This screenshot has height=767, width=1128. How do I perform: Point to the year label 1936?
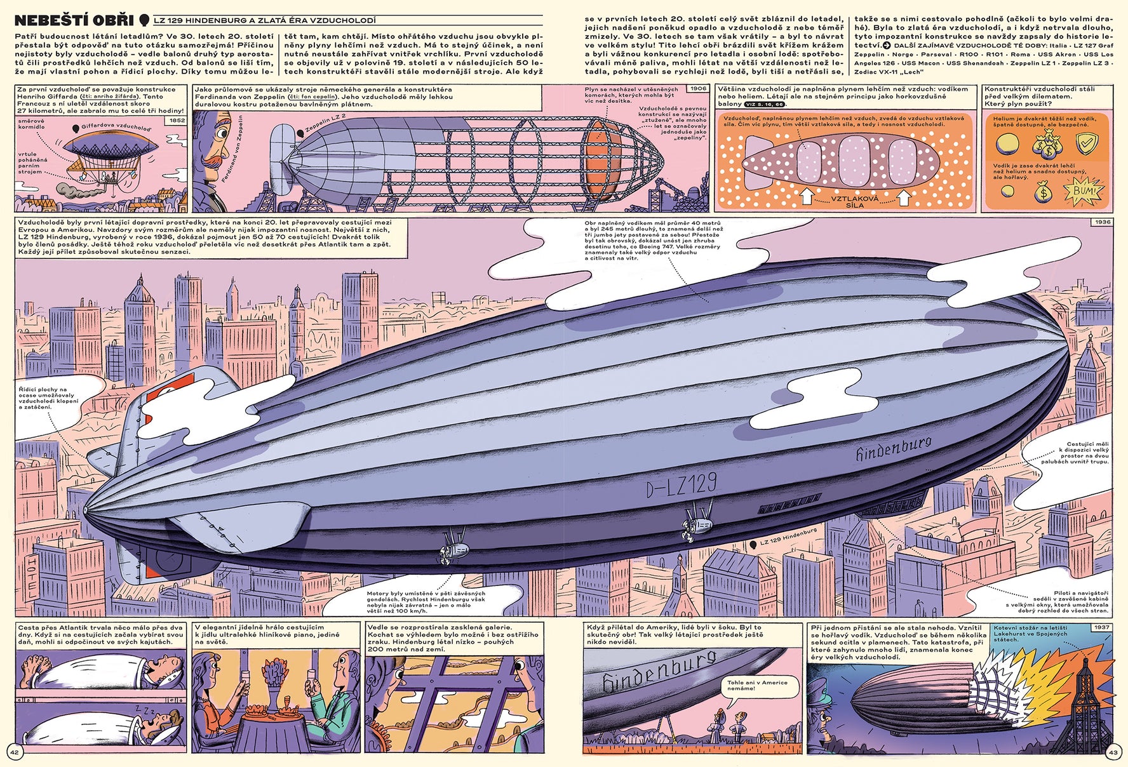pos(1103,222)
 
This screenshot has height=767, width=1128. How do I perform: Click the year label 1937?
pos(1101,627)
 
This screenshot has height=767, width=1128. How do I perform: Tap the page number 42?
pos(14,752)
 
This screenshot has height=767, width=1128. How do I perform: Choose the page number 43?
pos(1113,752)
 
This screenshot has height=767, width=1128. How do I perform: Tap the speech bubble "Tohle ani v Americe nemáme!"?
pos(749,685)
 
